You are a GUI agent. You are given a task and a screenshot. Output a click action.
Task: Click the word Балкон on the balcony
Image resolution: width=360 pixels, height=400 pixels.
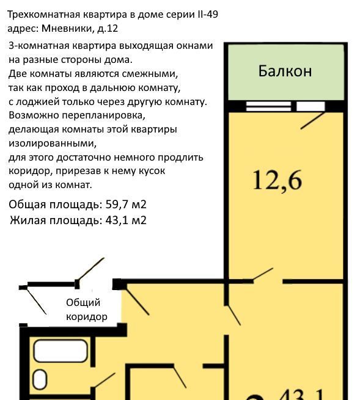click(285, 71)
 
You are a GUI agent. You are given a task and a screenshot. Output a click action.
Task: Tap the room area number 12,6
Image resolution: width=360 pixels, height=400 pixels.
click(277, 181)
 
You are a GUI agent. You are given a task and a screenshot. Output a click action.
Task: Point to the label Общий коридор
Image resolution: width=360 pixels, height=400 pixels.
click(87, 310)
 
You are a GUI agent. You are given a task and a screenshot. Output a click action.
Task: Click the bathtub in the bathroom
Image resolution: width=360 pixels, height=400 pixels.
click(61, 351)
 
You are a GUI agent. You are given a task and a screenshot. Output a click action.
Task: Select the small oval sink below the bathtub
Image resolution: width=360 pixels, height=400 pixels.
click(40, 380)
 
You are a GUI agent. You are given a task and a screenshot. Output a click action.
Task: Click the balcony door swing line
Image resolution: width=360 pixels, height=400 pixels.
click(312, 121)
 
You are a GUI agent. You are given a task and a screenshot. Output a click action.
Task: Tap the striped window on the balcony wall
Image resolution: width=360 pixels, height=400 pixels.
click(268, 106)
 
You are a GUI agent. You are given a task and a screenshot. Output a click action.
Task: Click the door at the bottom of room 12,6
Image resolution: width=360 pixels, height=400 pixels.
click(263, 275)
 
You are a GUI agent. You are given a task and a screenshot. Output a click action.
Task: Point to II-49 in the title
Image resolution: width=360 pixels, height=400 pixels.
click(208, 15)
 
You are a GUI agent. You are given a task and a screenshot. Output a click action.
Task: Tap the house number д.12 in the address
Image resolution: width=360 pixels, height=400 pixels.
click(108, 28)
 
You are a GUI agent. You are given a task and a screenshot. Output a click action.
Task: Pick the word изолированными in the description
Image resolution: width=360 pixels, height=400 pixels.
click(53, 144)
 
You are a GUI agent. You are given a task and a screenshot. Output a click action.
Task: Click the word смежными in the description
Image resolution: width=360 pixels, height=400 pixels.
click(150, 74)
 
